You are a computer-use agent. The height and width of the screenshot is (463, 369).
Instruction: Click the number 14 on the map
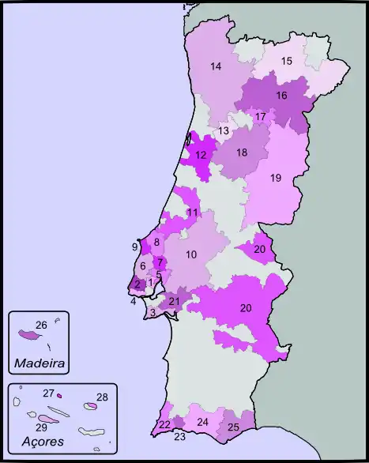216,67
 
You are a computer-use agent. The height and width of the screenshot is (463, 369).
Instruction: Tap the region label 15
287,61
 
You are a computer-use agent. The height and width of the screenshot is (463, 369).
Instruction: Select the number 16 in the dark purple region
281,96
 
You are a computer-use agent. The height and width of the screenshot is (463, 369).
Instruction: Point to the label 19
276,178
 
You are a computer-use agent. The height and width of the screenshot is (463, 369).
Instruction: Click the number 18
242,152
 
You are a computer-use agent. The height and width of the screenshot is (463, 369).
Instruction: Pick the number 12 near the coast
201,155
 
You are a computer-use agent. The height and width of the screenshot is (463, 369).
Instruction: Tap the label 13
224,130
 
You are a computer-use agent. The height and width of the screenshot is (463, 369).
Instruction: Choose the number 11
192,213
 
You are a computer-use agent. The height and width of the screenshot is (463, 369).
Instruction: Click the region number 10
191,254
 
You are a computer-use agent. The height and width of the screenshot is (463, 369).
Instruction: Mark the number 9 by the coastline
135,247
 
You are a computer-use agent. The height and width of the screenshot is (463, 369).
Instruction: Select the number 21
175,301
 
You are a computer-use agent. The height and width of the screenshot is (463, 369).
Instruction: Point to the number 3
152,313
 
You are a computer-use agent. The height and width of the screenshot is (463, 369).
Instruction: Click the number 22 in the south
164,424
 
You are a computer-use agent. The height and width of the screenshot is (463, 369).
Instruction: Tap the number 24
202,422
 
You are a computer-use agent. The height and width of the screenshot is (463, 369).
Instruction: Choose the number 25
233,427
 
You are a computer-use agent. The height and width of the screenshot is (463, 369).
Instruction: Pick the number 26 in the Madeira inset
41,325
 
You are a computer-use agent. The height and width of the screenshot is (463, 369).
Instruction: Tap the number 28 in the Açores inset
102,397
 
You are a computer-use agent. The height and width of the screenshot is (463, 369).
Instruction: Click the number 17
260,117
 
